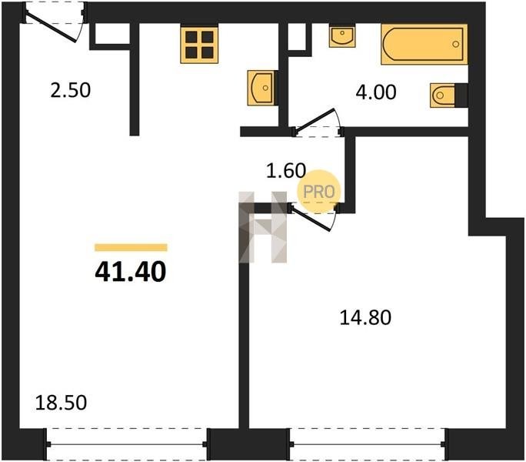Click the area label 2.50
pos(71,90)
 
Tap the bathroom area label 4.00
pos(376,92)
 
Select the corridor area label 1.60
pos(286,170)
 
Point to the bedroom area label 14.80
pos(365,317)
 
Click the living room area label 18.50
pos(61,402)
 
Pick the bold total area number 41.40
pos(131,272)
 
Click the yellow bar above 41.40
pos(131,247)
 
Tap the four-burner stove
pos(199,45)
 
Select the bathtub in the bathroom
pos(424,44)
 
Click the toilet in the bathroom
pos(444,95)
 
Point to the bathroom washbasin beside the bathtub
pos(342,36)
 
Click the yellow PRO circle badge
pos(318,192)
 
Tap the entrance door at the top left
pos(54,24)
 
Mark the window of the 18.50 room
pos(127,444)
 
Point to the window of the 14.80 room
pos(368,444)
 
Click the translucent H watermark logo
pos(263,227)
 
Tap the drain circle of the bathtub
pos(455,44)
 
